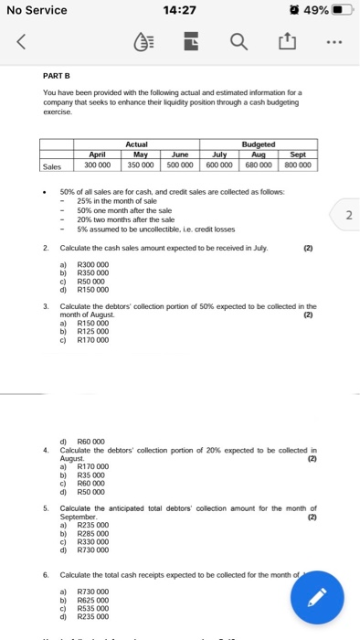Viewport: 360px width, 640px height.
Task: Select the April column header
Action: tap(96, 156)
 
